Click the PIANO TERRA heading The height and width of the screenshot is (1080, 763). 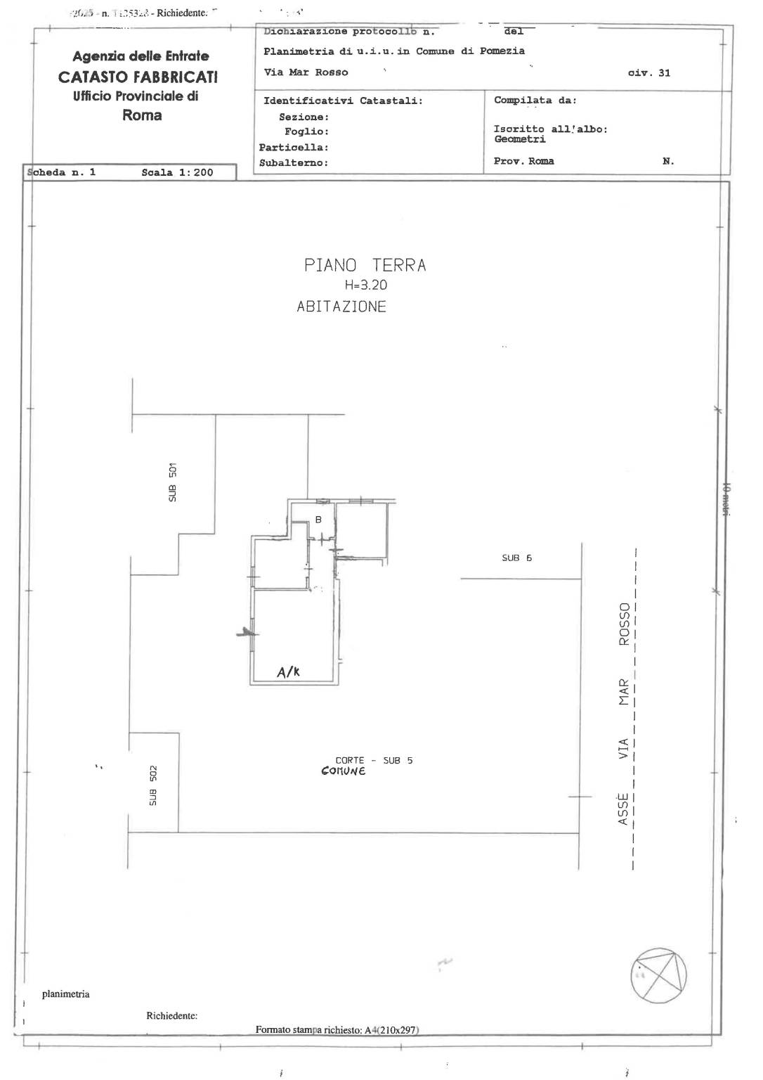pyautogui.click(x=365, y=265)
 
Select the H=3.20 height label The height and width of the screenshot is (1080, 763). pyautogui.click(x=365, y=285)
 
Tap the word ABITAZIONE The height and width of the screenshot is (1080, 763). pyautogui.click(x=341, y=307)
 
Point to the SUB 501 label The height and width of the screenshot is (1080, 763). pyautogui.click(x=173, y=482)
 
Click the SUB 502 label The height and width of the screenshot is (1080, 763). pyautogui.click(x=153, y=785)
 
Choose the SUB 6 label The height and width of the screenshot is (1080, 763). pyautogui.click(x=516, y=558)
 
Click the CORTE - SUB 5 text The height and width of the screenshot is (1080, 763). pyautogui.click(x=374, y=760)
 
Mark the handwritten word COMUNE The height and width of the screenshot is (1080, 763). pyautogui.click(x=343, y=771)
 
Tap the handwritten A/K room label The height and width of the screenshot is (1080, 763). pyautogui.click(x=288, y=672)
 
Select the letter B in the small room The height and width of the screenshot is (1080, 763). pyautogui.click(x=318, y=520)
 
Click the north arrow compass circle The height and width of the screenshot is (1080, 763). pyautogui.click(x=658, y=976)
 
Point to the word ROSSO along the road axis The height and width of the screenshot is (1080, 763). pyautogui.click(x=624, y=624)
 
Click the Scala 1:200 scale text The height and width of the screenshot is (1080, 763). pyautogui.click(x=177, y=172)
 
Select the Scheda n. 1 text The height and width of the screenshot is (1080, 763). pyautogui.click(x=61, y=172)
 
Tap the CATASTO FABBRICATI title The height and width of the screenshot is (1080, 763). pyautogui.click(x=138, y=77)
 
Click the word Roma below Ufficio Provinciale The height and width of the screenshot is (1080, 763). pyautogui.click(x=142, y=115)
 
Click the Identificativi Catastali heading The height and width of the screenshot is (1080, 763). pyautogui.click(x=343, y=101)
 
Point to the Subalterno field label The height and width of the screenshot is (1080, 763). pyautogui.click(x=294, y=163)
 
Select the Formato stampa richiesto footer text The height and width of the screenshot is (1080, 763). pyautogui.click(x=337, y=1030)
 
